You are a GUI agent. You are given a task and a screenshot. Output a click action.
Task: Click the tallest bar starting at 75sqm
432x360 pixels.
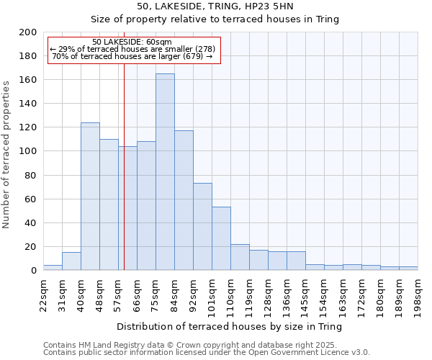(x=165, y=173)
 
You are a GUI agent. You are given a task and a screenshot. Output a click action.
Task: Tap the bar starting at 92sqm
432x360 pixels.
(x=202, y=227)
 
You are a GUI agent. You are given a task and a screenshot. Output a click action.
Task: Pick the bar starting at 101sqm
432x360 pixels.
(x=221, y=238)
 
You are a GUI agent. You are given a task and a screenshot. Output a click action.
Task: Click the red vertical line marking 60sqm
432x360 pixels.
(x=124, y=180)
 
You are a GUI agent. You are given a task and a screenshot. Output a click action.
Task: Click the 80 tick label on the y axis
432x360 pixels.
(x=30, y=175)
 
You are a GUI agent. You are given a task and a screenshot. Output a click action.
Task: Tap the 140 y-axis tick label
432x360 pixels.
(x=27, y=104)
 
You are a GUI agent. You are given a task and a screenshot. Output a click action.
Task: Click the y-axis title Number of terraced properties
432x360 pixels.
(x=6, y=154)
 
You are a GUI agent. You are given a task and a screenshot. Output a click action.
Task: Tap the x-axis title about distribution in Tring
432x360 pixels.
(x=229, y=326)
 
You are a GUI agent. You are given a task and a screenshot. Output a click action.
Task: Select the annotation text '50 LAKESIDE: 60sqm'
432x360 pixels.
(x=132, y=42)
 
